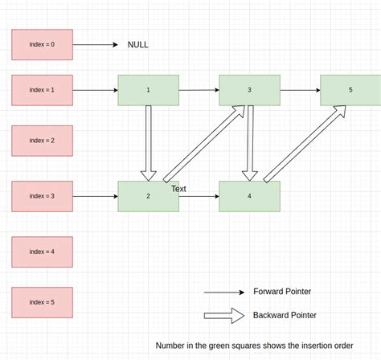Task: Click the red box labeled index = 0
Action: pos(42,44)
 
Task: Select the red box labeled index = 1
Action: pos(42,90)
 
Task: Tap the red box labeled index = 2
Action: pos(42,140)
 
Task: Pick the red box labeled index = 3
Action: pos(42,196)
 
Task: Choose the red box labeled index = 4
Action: pos(42,252)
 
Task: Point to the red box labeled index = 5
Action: pos(42,302)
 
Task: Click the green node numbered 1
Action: pos(149,90)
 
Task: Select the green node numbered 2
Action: pos(149,196)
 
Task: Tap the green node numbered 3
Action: pos(249,90)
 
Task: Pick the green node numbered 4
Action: pos(249,196)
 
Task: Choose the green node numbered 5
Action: pos(350,90)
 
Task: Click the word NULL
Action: pos(138,45)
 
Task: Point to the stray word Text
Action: pos(178,189)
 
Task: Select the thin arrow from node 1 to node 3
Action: pos(199,90)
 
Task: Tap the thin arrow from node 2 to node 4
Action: pos(199,196)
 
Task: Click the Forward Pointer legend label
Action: pos(281,292)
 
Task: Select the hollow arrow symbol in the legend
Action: pos(224,315)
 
